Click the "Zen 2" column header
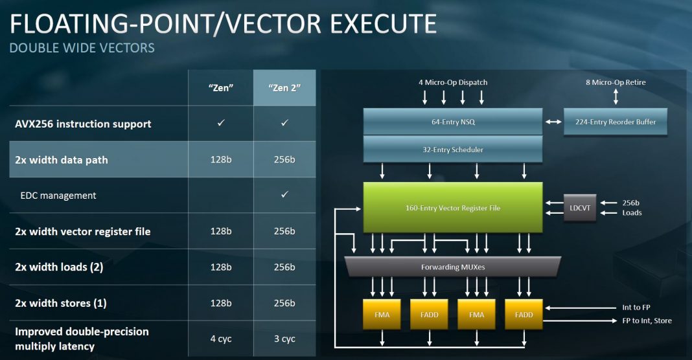pos(284,88)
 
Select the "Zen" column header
pos(221,88)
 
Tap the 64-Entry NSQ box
pos(453,122)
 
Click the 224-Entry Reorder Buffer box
pos(615,122)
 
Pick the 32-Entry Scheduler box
pos(453,150)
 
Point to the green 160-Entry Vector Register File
pos(453,208)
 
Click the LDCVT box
pos(580,208)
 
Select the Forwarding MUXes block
pos(453,267)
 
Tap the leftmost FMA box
pos(382,315)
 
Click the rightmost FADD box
pos(524,315)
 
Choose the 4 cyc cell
pos(221,339)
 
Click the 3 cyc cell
pos(284,339)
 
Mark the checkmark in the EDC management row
pos(284,194)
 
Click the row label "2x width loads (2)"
pos(59,267)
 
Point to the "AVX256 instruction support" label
pos(83,124)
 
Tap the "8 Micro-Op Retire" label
pos(616,82)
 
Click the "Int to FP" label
pos(636,308)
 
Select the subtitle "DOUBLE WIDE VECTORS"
pos(82,48)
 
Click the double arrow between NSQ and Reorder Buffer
pos(553,122)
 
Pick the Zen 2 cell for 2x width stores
pos(284,303)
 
